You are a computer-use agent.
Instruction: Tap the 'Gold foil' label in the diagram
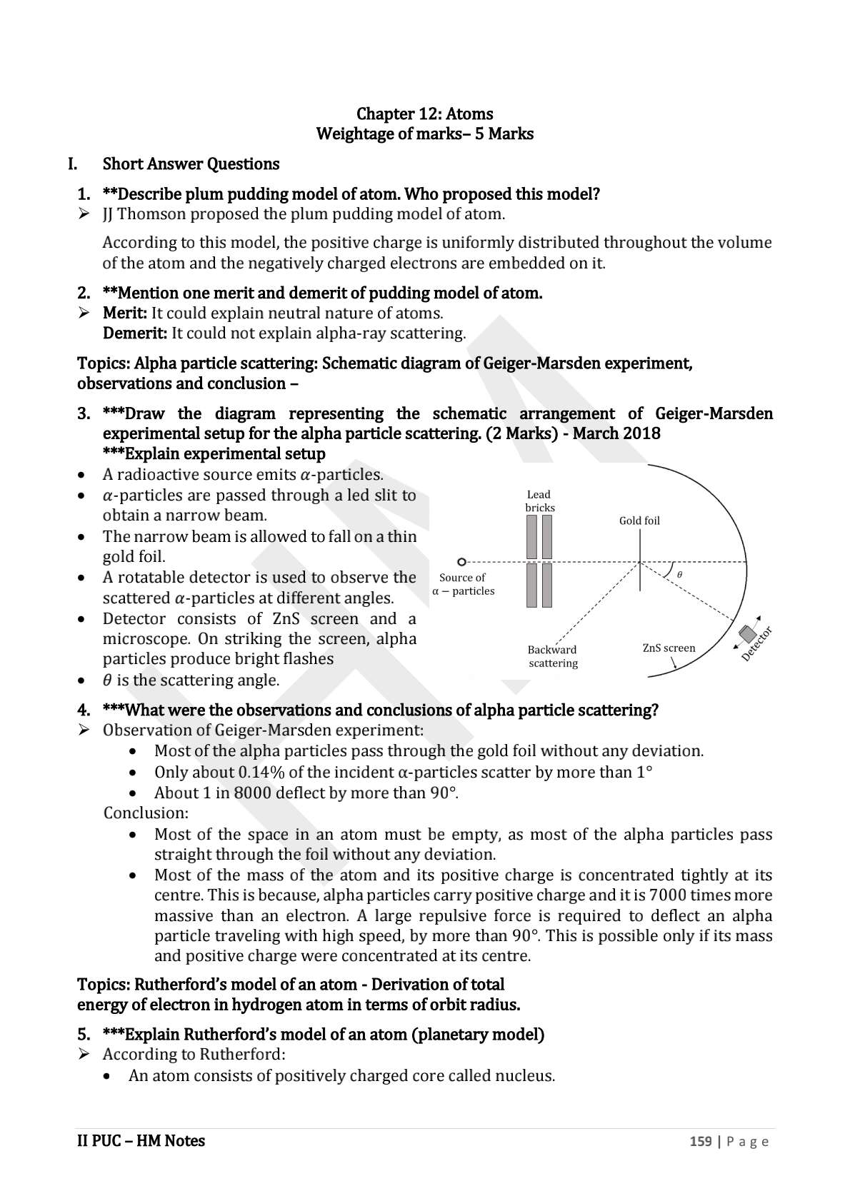(x=639, y=521)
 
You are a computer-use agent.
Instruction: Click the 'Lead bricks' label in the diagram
(x=539, y=501)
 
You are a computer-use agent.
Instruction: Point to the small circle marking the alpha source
(x=461, y=562)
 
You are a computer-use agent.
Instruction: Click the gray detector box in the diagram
(x=747, y=633)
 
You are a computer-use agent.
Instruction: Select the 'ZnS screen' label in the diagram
(x=669, y=648)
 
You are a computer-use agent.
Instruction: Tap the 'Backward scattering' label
(x=553, y=656)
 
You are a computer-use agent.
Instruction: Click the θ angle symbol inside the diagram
(x=679, y=574)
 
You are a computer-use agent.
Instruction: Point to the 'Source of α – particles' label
(x=463, y=584)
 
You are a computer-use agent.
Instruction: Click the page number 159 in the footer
(x=700, y=1141)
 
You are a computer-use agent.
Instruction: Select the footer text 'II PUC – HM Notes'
(x=141, y=1140)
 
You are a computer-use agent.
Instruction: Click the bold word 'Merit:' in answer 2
(x=125, y=313)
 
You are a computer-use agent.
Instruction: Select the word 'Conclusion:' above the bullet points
(x=146, y=813)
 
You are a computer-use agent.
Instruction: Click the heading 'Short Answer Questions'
(x=191, y=164)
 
